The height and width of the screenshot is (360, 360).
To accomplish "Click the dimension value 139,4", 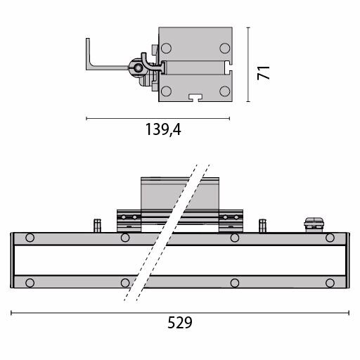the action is [163, 129].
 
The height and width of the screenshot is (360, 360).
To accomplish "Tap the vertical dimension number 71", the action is [263, 73].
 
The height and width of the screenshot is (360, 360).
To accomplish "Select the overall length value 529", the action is [180, 323].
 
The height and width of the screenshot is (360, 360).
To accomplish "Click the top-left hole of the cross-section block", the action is [166, 49].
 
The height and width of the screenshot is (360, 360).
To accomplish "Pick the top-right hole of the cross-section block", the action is [225, 49].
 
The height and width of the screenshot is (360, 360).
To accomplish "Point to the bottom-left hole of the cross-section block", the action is [166, 91].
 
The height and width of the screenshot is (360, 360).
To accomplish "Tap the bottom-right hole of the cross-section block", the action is [225, 91].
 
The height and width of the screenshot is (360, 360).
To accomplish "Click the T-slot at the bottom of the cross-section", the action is [195, 98].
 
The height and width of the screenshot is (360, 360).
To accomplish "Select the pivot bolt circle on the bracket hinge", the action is [139, 68].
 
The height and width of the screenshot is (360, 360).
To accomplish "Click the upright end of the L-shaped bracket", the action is [88, 53].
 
